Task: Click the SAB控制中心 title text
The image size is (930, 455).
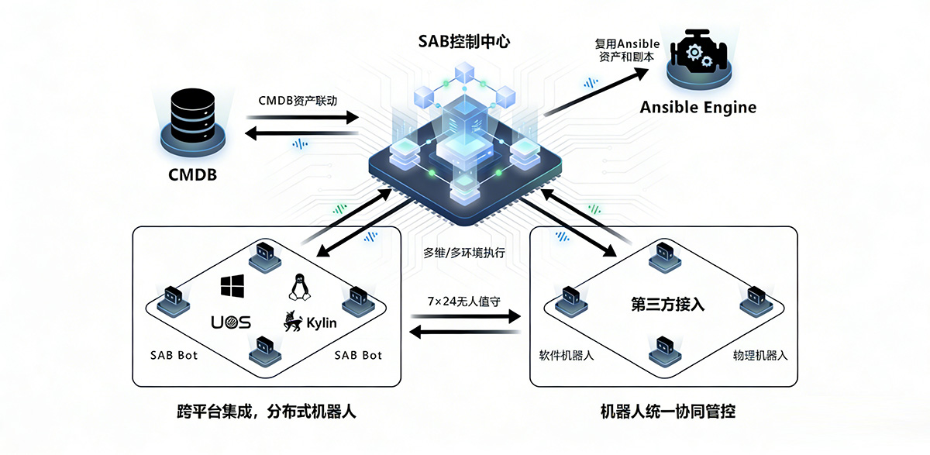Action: click(x=465, y=42)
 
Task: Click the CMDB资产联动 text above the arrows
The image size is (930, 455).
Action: click(x=298, y=102)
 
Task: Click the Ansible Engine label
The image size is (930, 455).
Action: click(x=697, y=107)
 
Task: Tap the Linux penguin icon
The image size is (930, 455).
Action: click(x=298, y=287)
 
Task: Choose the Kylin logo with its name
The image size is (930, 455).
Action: click(x=310, y=322)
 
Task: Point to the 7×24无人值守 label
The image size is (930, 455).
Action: click(x=465, y=299)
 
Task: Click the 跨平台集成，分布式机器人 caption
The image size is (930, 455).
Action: click(x=266, y=411)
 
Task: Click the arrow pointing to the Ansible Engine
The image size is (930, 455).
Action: click(x=601, y=91)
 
